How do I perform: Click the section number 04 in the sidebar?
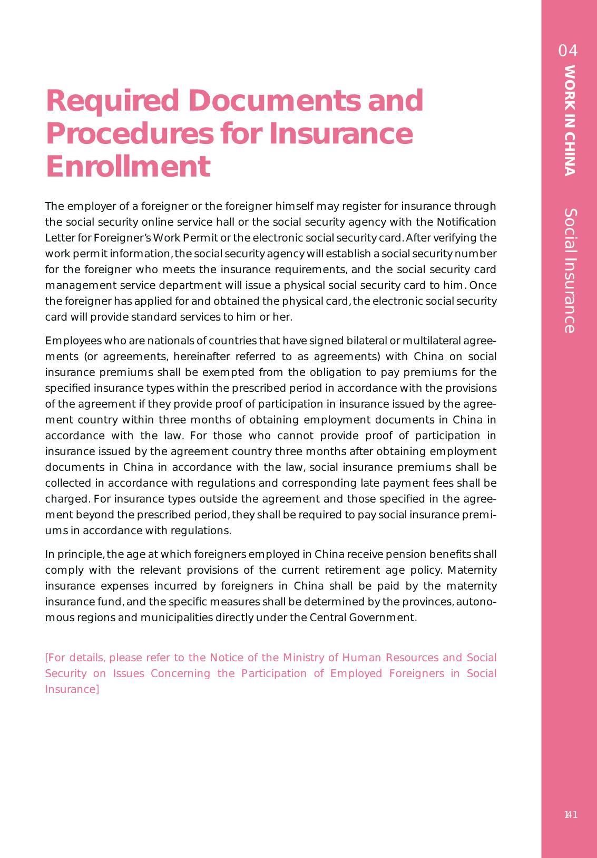click(568, 51)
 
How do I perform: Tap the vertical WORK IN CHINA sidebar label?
click(569, 120)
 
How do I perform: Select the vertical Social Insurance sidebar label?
click(570, 271)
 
